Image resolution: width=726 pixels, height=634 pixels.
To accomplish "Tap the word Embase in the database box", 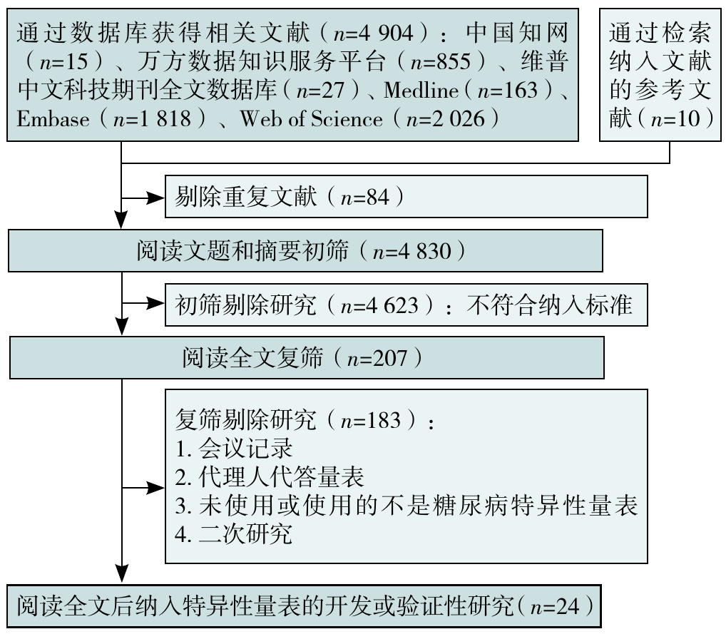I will (x=53, y=118).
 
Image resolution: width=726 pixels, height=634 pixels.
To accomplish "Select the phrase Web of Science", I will (x=310, y=118).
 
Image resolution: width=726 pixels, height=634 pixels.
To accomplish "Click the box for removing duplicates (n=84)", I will (x=406, y=197).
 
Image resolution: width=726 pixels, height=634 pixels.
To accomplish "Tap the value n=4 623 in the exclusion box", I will (x=384, y=305).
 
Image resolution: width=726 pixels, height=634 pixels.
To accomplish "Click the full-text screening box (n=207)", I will (x=306, y=357).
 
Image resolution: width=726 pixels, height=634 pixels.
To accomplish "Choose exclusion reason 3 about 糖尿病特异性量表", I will (x=406, y=506).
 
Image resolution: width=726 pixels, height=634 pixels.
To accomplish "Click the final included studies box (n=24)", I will (x=306, y=606).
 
